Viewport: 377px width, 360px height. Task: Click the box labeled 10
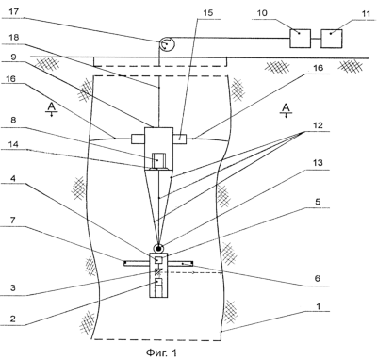click(x=300, y=39)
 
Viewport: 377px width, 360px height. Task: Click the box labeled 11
click(x=332, y=39)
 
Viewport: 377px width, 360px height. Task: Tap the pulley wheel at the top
click(x=167, y=44)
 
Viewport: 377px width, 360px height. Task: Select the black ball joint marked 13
click(x=158, y=248)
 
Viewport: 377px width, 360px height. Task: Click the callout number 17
click(x=14, y=12)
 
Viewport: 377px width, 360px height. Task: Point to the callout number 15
click(x=208, y=13)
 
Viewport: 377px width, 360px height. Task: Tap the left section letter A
click(x=51, y=107)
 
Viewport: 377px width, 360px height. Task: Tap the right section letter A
click(x=286, y=107)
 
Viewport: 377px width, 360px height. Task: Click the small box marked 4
click(x=158, y=260)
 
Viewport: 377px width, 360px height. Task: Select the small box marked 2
click(x=158, y=282)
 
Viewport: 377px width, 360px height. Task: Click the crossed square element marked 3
click(x=158, y=271)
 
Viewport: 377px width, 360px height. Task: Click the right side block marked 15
click(x=179, y=139)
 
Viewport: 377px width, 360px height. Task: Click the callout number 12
click(x=318, y=125)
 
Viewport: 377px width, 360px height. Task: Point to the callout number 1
click(x=319, y=306)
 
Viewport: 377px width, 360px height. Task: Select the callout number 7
click(x=12, y=220)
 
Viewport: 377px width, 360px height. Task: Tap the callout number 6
click(x=318, y=278)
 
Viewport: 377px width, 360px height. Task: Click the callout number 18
click(x=14, y=38)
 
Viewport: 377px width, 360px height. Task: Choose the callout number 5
click(x=318, y=201)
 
